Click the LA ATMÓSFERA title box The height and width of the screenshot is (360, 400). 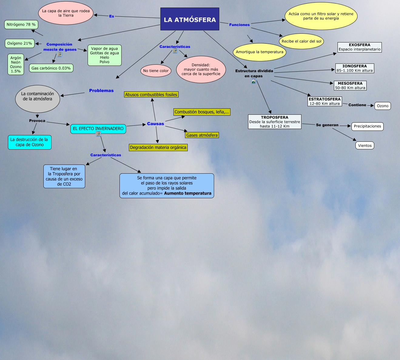pos(190,19)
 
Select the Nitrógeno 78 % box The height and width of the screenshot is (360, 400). pos(21,25)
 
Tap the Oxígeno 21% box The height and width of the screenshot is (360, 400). pos(20,43)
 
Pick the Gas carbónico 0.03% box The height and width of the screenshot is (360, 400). pos(51,68)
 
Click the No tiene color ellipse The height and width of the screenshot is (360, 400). pos(156,71)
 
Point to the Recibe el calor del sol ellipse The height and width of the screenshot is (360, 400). pos(301,41)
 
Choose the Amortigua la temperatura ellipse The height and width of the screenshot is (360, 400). pos(260,52)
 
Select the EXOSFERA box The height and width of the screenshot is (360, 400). pos(359,47)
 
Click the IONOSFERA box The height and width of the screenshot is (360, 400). pos(355,68)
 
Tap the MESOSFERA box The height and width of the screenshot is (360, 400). pos(350,86)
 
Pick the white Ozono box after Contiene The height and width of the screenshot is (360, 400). pos(382,106)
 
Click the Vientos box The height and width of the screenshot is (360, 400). pos(365,145)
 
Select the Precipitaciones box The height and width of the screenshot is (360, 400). pos(367,126)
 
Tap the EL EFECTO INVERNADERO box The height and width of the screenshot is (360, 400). pos(98,129)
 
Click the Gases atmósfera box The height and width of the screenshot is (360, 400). pos(202,135)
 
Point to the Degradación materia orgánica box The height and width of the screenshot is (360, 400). pos(158,148)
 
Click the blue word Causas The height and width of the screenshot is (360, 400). pos(155,124)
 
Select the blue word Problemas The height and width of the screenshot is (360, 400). pos(101,90)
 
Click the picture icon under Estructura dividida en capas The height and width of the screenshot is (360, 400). pos(254,81)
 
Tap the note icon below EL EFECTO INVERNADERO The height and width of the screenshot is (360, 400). pos(98,134)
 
